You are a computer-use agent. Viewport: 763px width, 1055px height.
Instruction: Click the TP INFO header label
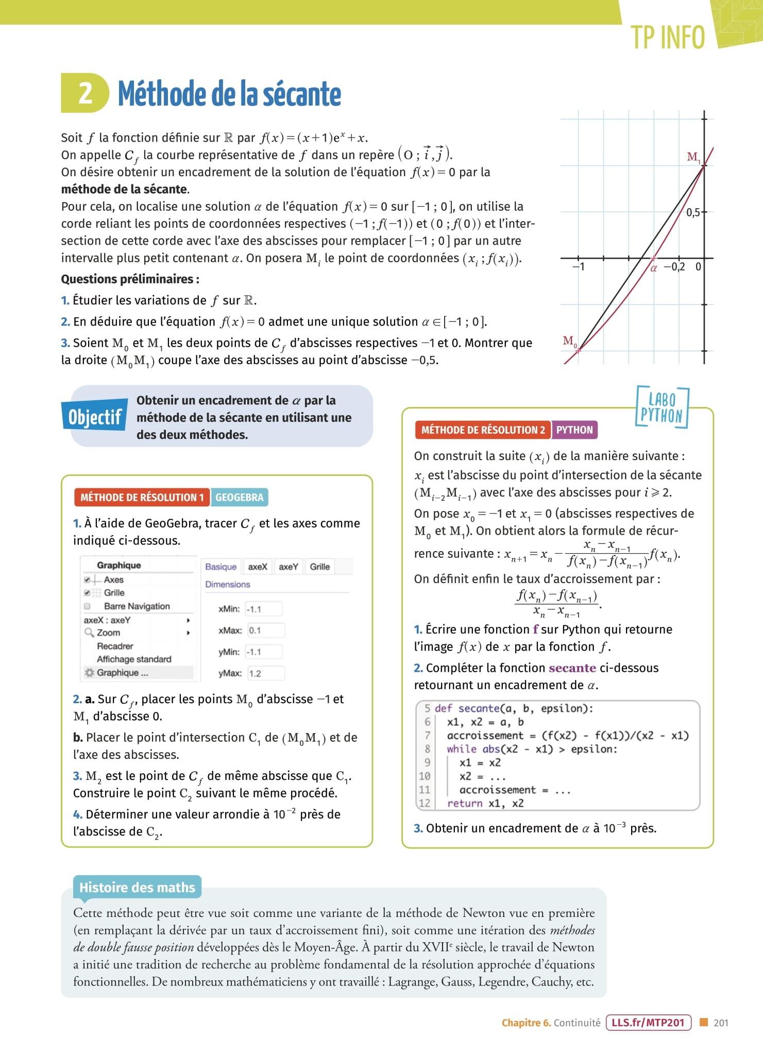pyautogui.click(x=668, y=38)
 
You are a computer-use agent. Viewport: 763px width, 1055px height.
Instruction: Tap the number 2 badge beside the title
pyautogui.click(x=85, y=93)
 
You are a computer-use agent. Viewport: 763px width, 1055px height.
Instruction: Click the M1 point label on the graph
pyautogui.click(x=693, y=157)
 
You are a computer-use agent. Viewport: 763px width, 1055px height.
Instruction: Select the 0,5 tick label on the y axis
pyautogui.click(x=693, y=212)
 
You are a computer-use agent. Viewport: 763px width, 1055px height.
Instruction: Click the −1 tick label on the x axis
pyautogui.click(x=579, y=267)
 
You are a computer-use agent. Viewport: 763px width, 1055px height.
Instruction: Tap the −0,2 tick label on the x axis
pyautogui.click(x=674, y=267)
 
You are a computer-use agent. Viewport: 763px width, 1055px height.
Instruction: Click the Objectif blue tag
pyautogui.click(x=95, y=416)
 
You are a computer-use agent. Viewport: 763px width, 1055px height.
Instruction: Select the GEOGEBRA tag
pyautogui.click(x=239, y=497)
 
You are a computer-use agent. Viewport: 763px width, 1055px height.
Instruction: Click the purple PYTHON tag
pyautogui.click(x=574, y=430)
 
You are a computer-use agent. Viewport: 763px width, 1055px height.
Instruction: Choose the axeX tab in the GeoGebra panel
pyautogui.click(x=258, y=567)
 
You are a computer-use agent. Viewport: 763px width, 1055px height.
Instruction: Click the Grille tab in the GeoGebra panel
pyautogui.click(x=319, y=567)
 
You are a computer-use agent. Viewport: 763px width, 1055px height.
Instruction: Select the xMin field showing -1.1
pyautogui.click(x=264, y=609)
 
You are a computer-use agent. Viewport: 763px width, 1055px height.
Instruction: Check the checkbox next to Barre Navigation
pyautogui.click(x=87, y=606)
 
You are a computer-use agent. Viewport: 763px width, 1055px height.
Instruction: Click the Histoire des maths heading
pyautogui.click(x=137, y=888)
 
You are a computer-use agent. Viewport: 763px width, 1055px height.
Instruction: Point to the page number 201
pyautogui.click(x=721, y=1023)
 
